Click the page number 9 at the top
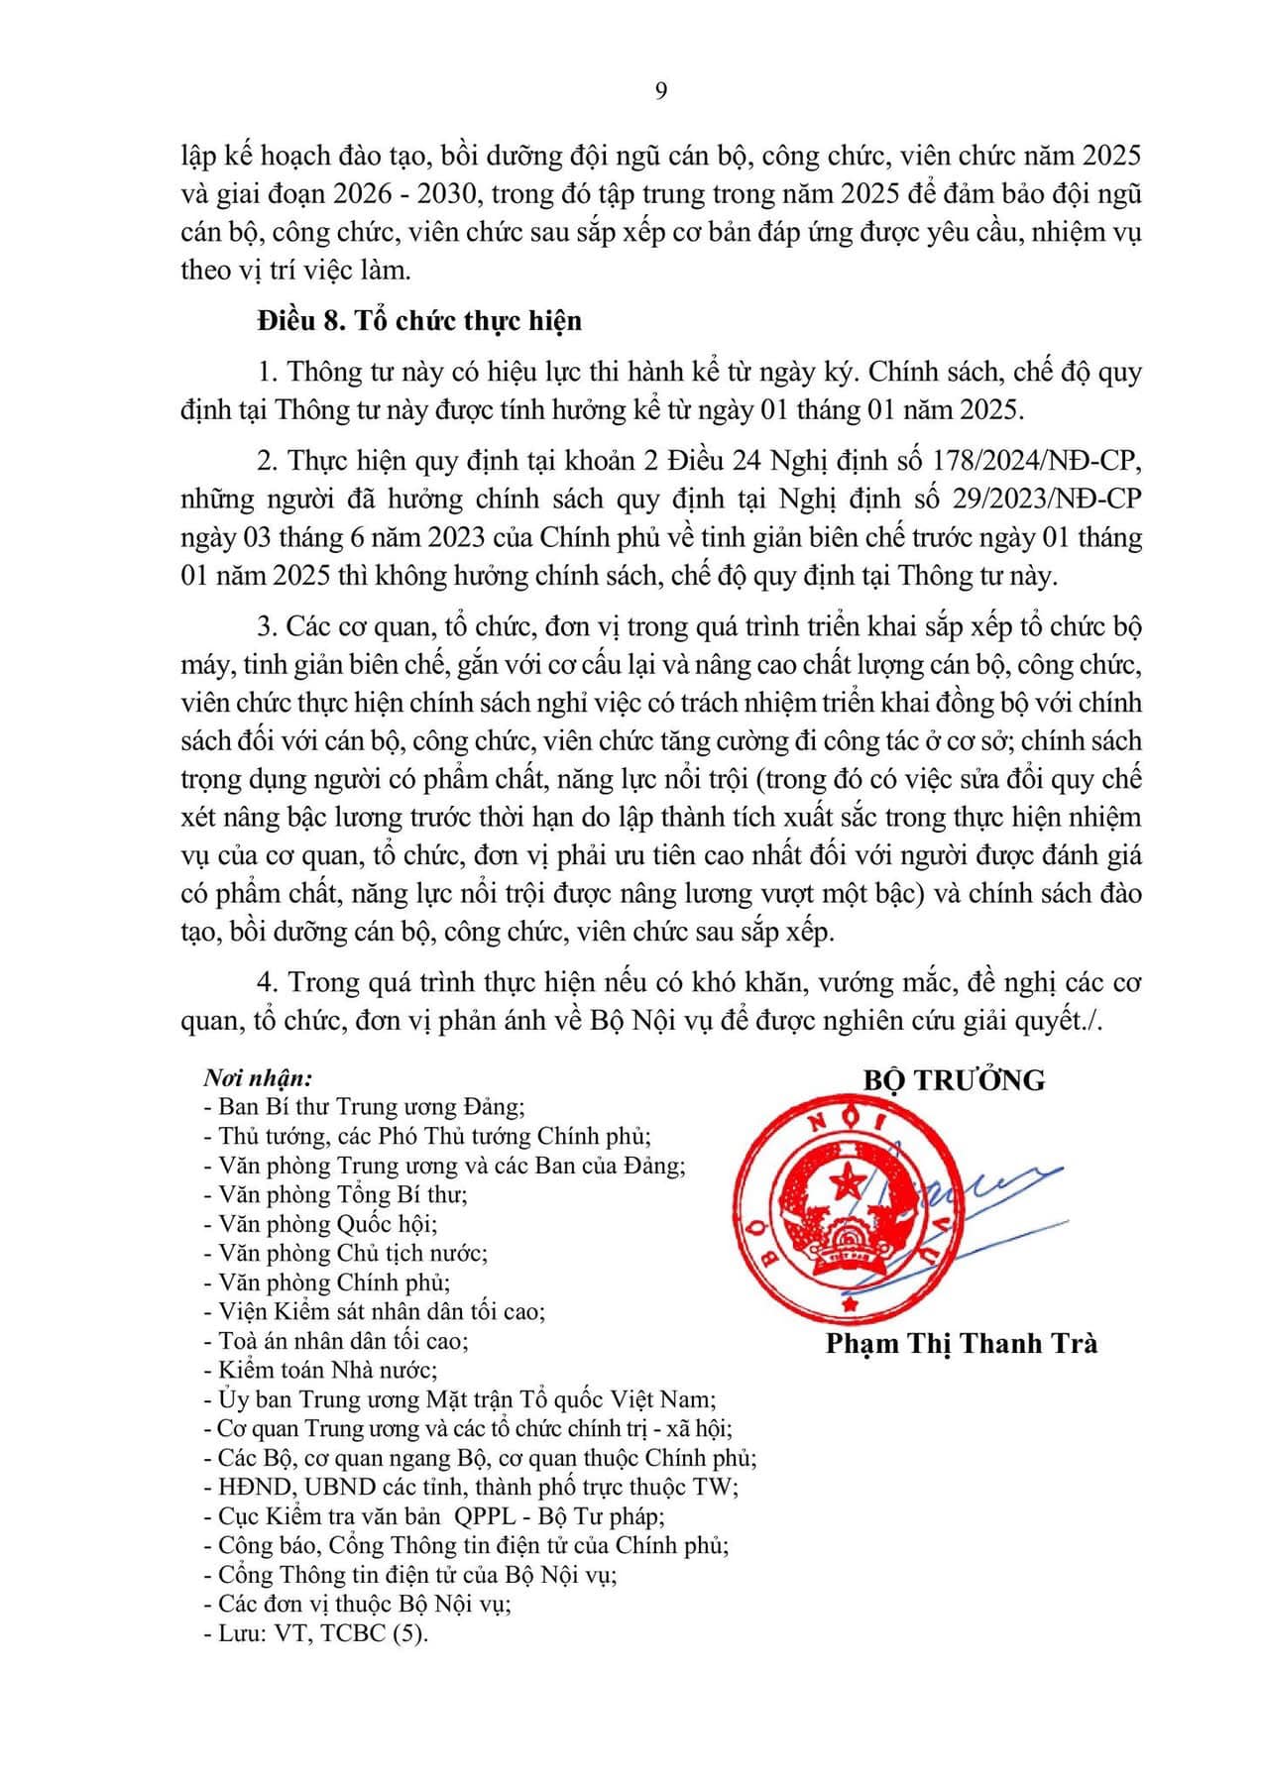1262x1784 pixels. pos(661,91)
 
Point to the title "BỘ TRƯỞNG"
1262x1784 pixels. pos(954,1080)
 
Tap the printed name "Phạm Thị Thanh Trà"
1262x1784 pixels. pos(961,1344)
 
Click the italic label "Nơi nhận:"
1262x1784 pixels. pos(258,1078)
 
